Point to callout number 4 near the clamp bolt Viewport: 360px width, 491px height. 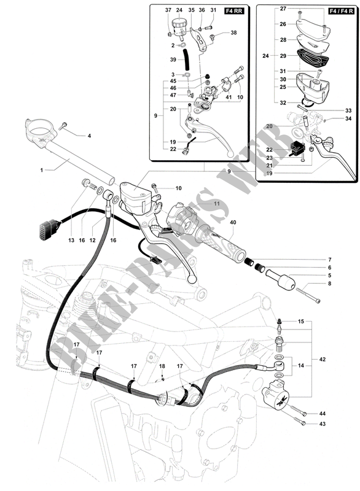pos(88,136)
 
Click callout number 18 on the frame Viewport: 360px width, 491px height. pos(163,366)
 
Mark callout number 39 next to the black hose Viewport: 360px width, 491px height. pos(173,60)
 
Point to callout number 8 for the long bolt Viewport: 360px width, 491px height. pos(329,284)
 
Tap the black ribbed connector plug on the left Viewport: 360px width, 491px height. pos(47,232)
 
